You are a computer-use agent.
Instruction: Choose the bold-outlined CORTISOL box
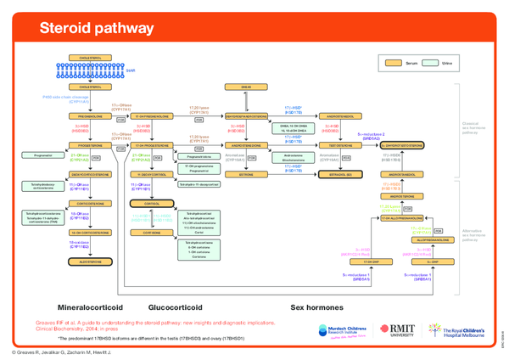(151, 204)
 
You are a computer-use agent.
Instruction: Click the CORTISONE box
(151, 233)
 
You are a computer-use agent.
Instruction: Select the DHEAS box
(248, 87)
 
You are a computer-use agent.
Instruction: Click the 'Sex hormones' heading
(316, 307)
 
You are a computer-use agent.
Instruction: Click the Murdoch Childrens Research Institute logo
(341, 332)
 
